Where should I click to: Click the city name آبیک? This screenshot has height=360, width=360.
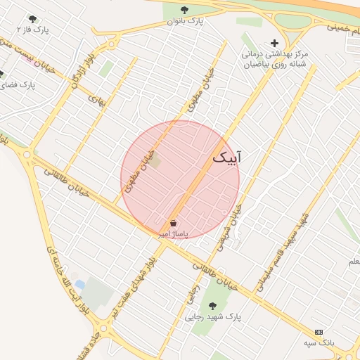226,158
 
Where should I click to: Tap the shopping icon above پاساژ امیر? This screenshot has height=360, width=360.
173,223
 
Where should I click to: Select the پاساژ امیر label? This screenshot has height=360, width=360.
173,233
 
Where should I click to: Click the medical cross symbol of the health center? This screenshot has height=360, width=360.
274,43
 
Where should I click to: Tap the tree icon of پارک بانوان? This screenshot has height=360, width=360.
184,10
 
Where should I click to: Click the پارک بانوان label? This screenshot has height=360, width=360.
184,21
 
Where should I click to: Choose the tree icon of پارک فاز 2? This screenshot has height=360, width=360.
32,19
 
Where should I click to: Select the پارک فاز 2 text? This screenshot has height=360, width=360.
33,30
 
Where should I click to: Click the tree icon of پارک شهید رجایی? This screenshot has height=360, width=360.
212,306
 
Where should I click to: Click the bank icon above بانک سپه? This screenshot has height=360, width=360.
320,331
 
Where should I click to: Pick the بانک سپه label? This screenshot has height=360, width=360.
319,342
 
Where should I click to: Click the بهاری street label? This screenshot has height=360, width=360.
96,100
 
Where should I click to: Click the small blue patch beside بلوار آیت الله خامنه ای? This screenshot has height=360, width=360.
79,285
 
